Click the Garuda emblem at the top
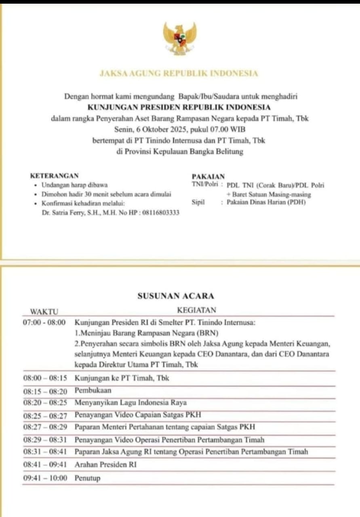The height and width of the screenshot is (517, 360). tap(180, 39)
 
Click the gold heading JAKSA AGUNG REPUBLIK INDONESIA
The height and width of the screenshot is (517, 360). tap(179, 74)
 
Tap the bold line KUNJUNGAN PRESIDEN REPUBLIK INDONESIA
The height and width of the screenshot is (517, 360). tap(179, 107)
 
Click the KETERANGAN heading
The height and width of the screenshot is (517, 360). tap(55, 176)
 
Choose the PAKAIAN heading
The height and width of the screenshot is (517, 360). tap(208, 177)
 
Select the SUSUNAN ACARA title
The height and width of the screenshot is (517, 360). tap(176, 296)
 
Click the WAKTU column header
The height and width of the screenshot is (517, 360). tap(44, 311)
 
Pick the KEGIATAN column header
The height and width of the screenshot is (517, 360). tap(196, 310)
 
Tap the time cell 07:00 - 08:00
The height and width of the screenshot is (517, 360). tap(44, 323)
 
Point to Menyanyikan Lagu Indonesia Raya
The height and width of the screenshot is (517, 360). tap(131, 403)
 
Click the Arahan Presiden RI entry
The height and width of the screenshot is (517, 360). tap(105, 464)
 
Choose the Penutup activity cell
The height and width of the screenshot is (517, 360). tap(87, 478)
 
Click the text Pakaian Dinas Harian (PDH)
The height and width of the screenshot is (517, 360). tap(265, 202)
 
